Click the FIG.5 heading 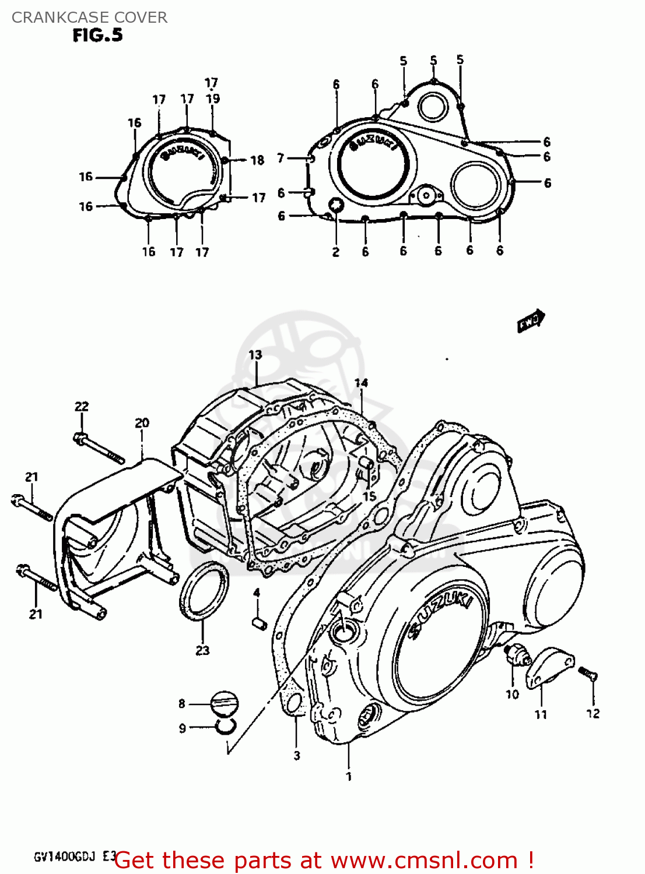[97, 36]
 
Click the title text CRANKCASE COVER [89, 17]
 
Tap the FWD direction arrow [531, 321]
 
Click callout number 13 [255, 355]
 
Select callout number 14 [361, 383]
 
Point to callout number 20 [142, 423]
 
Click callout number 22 [82, 407]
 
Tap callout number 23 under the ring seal [202, 650]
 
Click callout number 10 [512, 694]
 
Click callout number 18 [257, 160]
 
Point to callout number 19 [213, 98]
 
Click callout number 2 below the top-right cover [336, 252]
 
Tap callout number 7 [281, 158]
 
